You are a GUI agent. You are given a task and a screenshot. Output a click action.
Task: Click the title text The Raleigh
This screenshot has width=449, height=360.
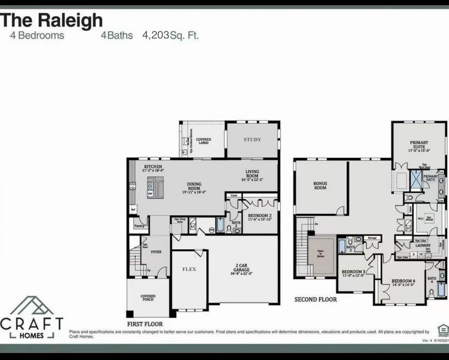(x=52, y=20)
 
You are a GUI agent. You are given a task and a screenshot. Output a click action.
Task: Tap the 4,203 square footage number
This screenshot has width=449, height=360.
(x=156, y=35)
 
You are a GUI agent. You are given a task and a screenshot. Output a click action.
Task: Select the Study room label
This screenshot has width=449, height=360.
(x=252, y=140)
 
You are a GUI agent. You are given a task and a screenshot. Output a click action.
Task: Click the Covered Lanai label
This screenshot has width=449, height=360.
(x=204, y=141)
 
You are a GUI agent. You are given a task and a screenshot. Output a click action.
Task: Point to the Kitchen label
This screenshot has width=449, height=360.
(x=153, y=167)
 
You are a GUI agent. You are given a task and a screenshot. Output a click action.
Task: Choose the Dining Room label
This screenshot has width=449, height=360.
(x=194, y=186)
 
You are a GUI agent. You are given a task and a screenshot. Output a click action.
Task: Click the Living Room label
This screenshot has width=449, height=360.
(x=252, y=174)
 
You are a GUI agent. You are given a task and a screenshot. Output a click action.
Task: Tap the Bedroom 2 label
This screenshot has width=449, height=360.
(x=260, y=216)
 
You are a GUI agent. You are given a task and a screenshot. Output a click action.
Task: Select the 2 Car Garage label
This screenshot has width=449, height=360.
(x=242, y=267)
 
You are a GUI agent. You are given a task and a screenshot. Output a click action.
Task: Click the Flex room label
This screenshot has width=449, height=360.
(x=189, y=269)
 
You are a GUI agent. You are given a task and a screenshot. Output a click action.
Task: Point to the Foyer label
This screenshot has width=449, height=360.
(x=156, y=252)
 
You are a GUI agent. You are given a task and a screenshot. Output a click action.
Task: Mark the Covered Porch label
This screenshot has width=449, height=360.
(x=148, y=298)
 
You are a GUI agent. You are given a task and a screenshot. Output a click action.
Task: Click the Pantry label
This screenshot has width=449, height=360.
(x=139, y=226)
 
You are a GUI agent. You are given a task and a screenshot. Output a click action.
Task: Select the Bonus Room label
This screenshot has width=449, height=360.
(x=320, y=185)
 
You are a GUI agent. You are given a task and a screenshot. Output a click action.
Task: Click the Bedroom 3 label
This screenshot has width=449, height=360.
(x=353, y=272)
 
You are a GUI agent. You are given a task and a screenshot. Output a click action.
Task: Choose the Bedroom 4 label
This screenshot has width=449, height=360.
(x=403, y=281)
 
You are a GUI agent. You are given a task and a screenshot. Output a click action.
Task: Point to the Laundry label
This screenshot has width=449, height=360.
(x=423, y=245)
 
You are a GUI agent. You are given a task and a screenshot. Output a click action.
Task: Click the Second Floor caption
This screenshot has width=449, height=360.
(x=316, y=299)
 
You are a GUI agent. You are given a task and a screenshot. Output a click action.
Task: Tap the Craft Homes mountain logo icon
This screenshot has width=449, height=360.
(x=32, y=306)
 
